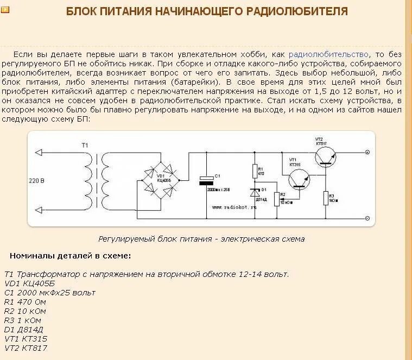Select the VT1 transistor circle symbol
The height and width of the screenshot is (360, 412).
tap(297, 179)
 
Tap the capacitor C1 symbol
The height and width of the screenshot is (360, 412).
tap(206, 180)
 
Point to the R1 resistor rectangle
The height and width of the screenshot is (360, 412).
tap(255, 172)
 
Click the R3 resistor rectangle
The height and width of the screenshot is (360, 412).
tap(326, 198)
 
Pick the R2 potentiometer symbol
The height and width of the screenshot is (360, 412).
tap(277, 199)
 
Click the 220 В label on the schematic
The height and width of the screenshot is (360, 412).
tap(36, 180)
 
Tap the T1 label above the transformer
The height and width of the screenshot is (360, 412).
tap(85, 144)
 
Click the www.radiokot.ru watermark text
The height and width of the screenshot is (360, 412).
tap(233, 207)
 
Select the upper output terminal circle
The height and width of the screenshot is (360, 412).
tap(367, 153)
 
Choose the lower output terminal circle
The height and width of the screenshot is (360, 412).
tap(367, 219)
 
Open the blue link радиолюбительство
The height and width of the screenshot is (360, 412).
tap(328, 54)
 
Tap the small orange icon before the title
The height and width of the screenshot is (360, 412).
tap(5, 10)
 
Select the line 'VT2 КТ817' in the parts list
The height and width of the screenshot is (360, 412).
tap(27, 348)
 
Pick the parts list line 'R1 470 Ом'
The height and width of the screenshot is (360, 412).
tap(26, 301)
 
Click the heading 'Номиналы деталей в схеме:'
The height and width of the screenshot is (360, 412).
tap(70, 256)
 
